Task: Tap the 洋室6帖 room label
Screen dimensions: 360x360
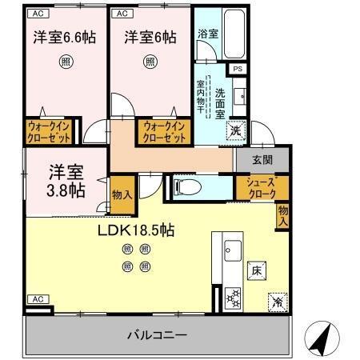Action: click(150, 38)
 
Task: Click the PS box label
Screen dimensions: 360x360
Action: click(238, 70)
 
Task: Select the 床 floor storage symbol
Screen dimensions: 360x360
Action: click(257, 270)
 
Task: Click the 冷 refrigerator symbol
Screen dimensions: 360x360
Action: click(276, 302)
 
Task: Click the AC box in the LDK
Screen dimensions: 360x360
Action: click(36, 298)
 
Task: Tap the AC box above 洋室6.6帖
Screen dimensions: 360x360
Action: click(36, 14)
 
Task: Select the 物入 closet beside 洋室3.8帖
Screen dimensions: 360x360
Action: click(121, 195)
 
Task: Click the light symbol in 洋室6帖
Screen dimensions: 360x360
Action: click(150, 61)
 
